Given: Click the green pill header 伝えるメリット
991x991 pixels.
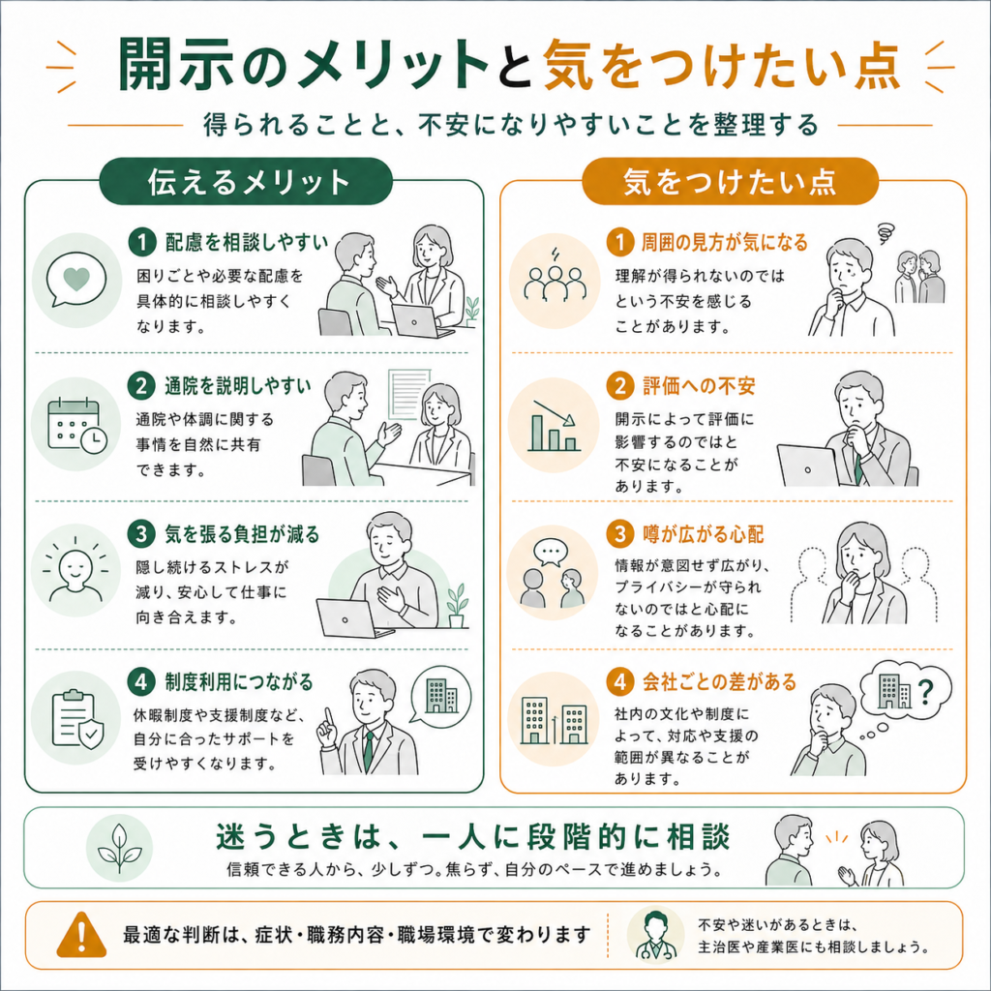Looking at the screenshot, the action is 246,181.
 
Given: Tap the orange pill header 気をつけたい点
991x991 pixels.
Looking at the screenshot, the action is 730,181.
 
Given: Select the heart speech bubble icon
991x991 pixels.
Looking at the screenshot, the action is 75,280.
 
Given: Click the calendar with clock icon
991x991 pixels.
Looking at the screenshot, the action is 76,426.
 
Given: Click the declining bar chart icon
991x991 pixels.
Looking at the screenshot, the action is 554,426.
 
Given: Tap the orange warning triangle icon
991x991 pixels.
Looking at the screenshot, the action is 81,935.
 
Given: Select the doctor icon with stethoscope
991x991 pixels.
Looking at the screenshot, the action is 655,935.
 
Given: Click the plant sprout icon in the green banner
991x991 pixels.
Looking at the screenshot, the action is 119,848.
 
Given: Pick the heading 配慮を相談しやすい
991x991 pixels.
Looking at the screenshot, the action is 247,242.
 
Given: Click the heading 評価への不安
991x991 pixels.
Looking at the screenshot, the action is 699,385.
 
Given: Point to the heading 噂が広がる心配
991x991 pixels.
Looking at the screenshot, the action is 703,534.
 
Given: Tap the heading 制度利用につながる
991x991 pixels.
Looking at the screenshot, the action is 239,682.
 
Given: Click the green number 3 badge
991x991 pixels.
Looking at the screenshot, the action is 141,534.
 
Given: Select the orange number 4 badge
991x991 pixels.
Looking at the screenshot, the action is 619,682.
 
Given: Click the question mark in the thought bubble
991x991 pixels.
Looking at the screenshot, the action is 925,692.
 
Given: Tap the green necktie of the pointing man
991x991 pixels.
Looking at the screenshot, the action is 368,751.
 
